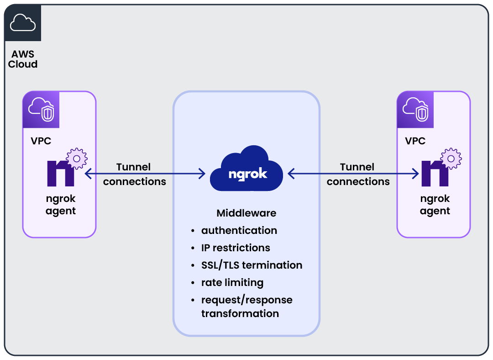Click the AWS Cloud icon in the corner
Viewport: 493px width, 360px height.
[22, 22]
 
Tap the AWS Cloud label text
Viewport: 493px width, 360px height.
[23, 59]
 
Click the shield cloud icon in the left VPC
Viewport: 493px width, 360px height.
[41, 110]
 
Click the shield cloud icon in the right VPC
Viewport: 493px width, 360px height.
[415, 110]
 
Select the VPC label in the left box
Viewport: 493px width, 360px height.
[41, 141]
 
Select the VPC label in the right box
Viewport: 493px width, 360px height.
[415, 141]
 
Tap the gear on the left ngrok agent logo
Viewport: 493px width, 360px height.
[77, 159]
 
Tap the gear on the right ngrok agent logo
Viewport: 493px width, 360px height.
[451, 159]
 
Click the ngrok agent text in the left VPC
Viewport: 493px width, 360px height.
[61, 205]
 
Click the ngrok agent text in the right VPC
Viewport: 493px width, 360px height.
[435, 205]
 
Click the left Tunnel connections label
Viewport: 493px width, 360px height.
[134, 174]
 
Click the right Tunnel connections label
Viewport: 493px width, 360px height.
[358, 174]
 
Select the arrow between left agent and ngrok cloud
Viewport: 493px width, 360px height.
[145, 174]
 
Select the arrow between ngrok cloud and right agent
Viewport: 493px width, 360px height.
[353, 174]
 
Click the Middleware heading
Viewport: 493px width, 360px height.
[246, 213]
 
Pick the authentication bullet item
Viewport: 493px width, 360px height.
[239, 230]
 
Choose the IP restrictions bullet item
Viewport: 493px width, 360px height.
[236, 248]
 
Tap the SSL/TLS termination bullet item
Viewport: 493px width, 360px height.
[252, 265]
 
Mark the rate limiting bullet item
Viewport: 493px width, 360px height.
[232, 282]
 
